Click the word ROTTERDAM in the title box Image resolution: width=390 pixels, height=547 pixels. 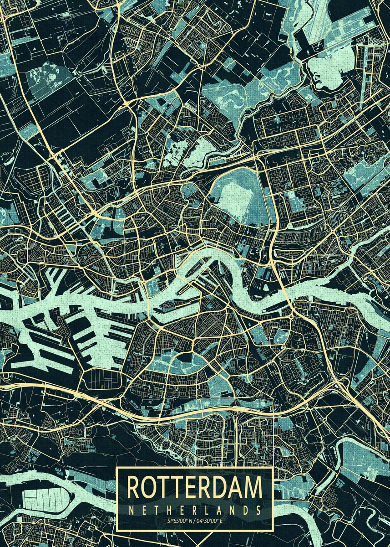(195, 487)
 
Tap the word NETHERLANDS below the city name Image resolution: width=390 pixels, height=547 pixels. (195, 510)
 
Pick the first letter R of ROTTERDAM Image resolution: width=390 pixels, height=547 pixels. (134, 487)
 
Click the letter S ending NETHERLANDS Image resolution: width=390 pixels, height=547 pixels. (258, 510)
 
